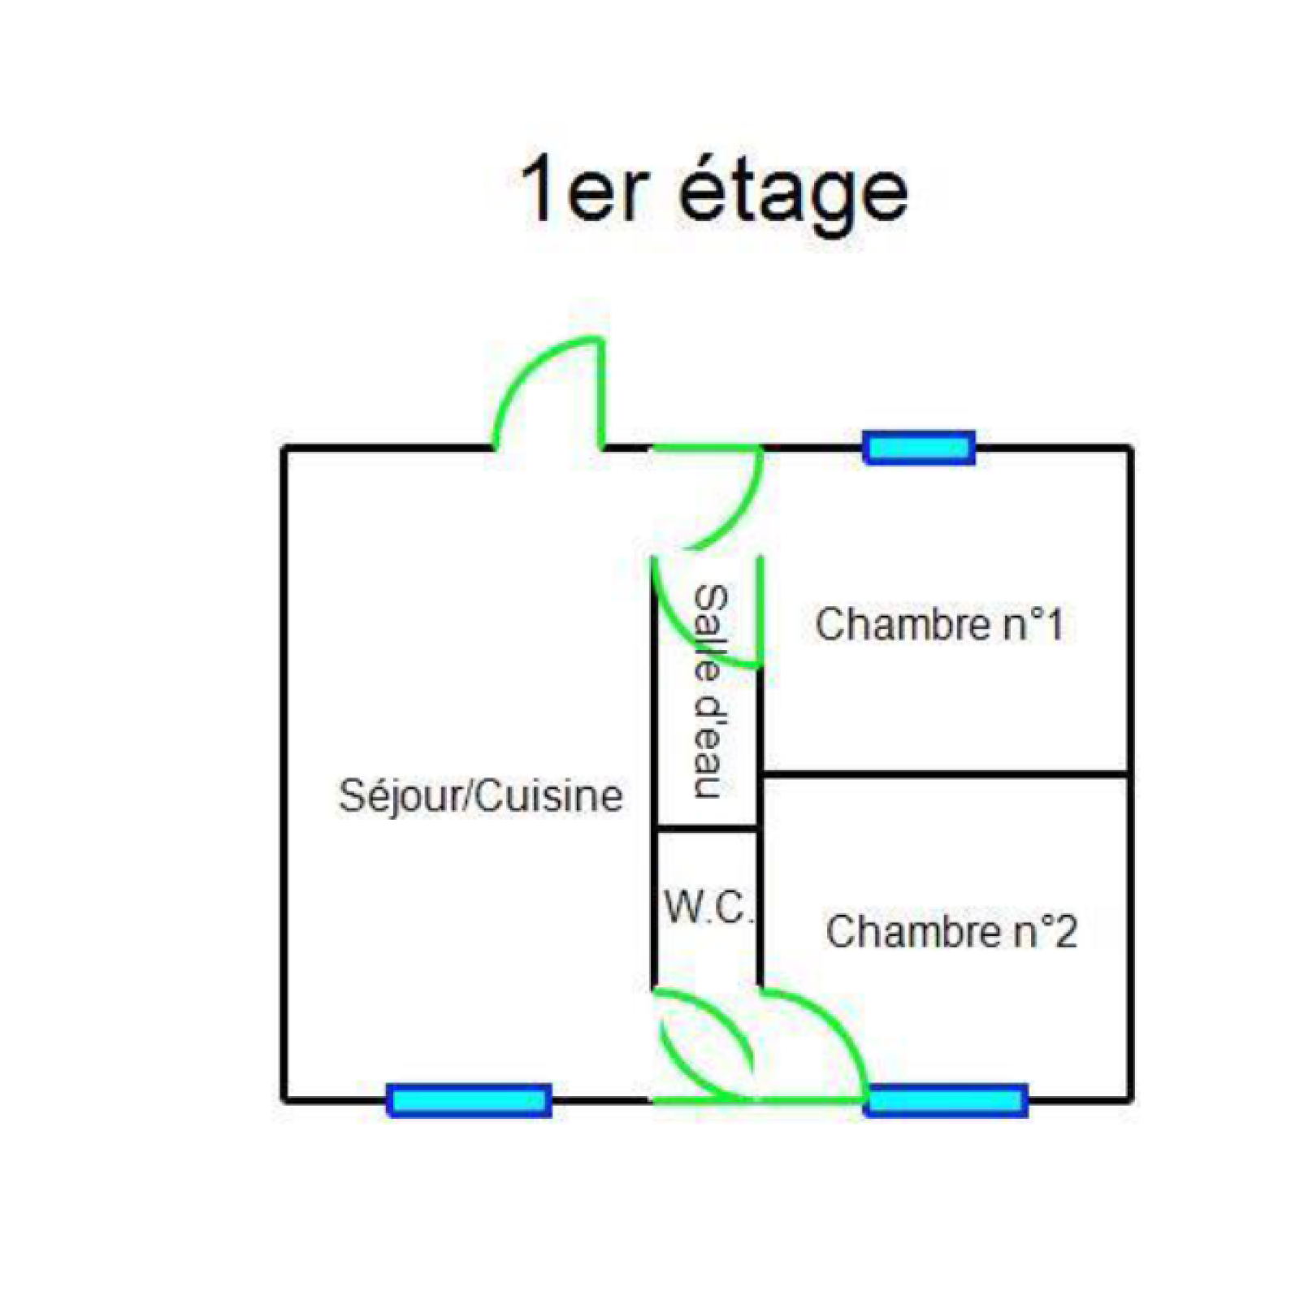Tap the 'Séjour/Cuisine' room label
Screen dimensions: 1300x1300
click(481, 795)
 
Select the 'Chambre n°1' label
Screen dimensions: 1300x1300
click(939, 625)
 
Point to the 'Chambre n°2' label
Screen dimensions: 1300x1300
click(951, 931)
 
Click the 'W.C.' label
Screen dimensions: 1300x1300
click(708, 907)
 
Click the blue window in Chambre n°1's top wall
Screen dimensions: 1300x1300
click(919, 448)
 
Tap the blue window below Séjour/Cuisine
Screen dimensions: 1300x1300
click(469, 1100)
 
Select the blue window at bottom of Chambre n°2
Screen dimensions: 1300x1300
click(947, 1100)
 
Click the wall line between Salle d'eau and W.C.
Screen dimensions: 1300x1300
click(706, 829)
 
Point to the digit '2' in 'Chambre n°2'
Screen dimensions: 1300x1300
click(1065, 931)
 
